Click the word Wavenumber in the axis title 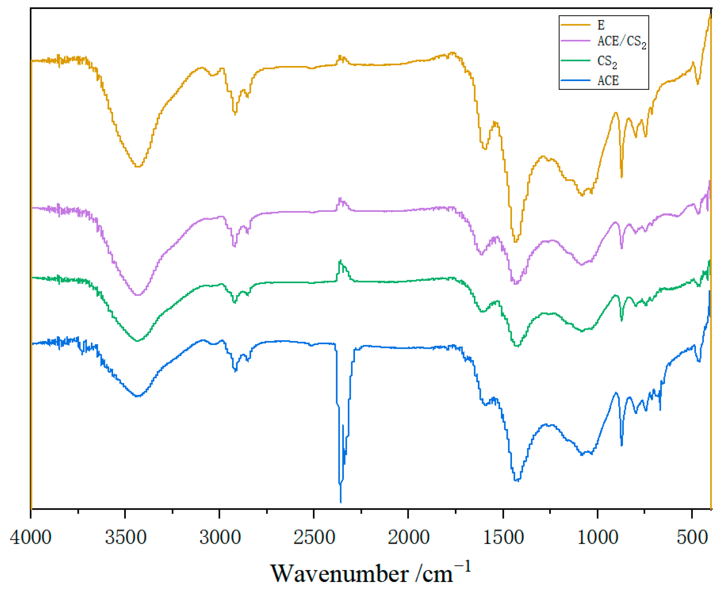click(x=339, y=573)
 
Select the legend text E click(x=601, y=25)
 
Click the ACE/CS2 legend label click(x=621, y=41)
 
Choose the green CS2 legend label click(x=607, y=61)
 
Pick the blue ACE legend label click(x=608, y=81)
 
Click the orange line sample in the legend click(x=575, y=25)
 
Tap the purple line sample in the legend click(x=575, y=41)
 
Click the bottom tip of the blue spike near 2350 click(x=341, y=502)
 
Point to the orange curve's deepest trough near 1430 click(x=516, y=241)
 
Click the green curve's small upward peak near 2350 click(x=340, y=261)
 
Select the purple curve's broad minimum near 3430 click(x=138, y=295)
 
